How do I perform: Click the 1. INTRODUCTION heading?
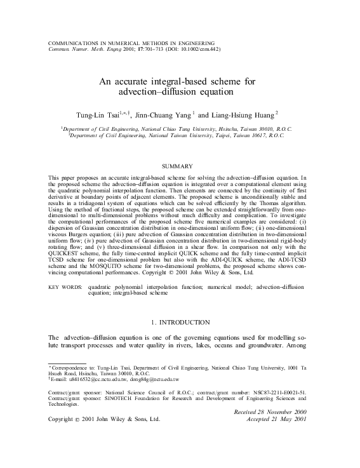click(x=180, y=323)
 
